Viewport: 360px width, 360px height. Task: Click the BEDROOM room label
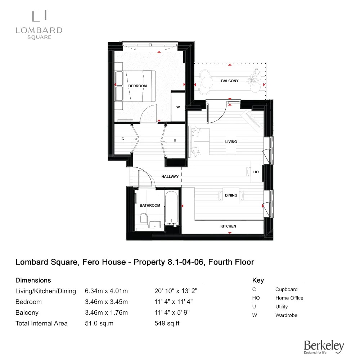[x=138, y=86]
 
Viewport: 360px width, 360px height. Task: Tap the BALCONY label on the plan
[x=230, y=81]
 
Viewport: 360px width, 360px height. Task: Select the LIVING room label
[x=231, y=142]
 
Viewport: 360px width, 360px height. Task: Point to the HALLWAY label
[x=170, y=177]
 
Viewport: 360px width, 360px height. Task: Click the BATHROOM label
[x=150, y=206]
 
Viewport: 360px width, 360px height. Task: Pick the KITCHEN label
[x=228, y=226]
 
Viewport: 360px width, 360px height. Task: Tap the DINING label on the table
[x=231, y=195]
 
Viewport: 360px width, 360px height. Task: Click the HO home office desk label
[x=256, y=172]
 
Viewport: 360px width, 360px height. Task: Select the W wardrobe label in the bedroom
[x=178, y=107]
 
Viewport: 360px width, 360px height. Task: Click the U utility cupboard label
[x=175, y=140]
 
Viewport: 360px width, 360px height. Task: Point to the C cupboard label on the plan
[x=123, y=139]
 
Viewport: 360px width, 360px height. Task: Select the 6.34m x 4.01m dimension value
[x=106, y=291]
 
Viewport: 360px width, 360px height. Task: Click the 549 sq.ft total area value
[x=167, y=323]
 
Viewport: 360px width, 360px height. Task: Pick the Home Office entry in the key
[x=289, y=298]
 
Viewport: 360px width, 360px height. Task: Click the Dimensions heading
[x=33, y=280]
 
